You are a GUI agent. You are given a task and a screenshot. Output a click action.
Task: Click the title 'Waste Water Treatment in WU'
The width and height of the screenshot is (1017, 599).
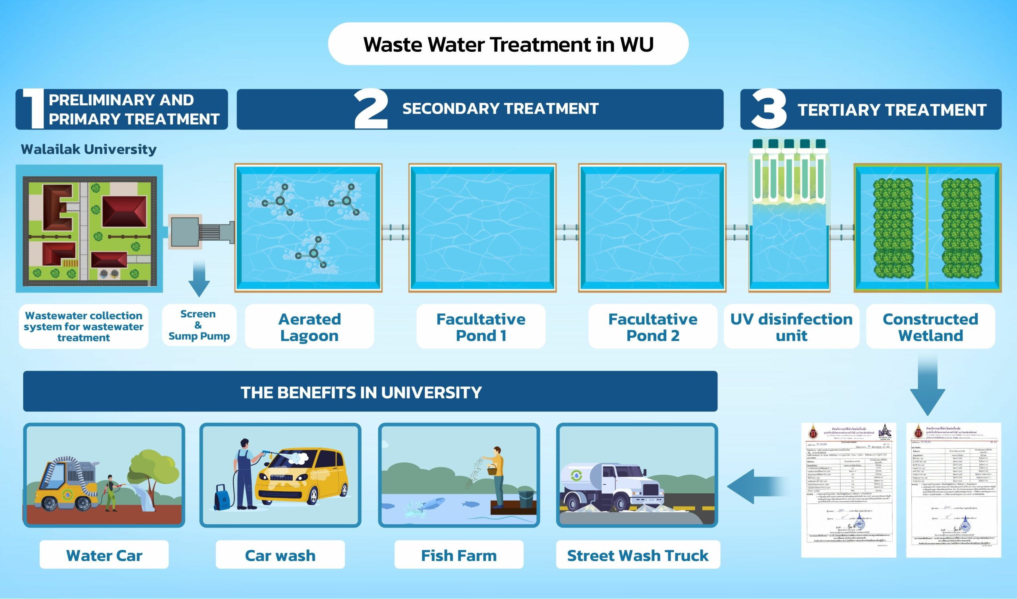click(508, 44)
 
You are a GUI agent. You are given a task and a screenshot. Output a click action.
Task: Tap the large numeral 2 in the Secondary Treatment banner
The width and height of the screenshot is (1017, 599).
click(371, 109)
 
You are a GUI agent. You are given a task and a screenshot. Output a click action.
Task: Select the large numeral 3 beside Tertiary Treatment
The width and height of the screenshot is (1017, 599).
click(768, 109)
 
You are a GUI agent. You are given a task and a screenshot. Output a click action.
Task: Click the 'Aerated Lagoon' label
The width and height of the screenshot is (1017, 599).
click(309, 327)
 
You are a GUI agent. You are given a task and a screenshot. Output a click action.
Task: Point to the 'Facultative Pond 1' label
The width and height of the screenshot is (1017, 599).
click(481, 327)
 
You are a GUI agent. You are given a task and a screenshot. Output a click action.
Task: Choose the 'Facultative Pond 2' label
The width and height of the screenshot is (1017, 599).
click(653, 327)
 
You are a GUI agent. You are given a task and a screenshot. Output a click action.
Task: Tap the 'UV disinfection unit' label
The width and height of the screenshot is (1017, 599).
click(791, 327)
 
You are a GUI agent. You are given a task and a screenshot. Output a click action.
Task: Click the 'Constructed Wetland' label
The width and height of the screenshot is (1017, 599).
click(930, 327)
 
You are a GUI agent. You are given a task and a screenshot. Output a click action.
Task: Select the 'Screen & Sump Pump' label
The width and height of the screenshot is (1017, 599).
click(199, 325)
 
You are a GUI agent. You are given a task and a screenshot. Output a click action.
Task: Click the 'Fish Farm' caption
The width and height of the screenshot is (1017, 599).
click(459, 555)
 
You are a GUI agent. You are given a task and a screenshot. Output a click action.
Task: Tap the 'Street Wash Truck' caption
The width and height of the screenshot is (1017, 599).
click(638, 555)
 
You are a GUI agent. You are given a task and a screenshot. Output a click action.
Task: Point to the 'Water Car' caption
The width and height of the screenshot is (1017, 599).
click(104, 555)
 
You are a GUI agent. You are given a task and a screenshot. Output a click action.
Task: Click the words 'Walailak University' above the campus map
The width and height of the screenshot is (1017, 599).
click(88, 149)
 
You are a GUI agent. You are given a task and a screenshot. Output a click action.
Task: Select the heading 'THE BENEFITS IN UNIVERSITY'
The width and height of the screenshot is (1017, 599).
click(361, 392)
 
